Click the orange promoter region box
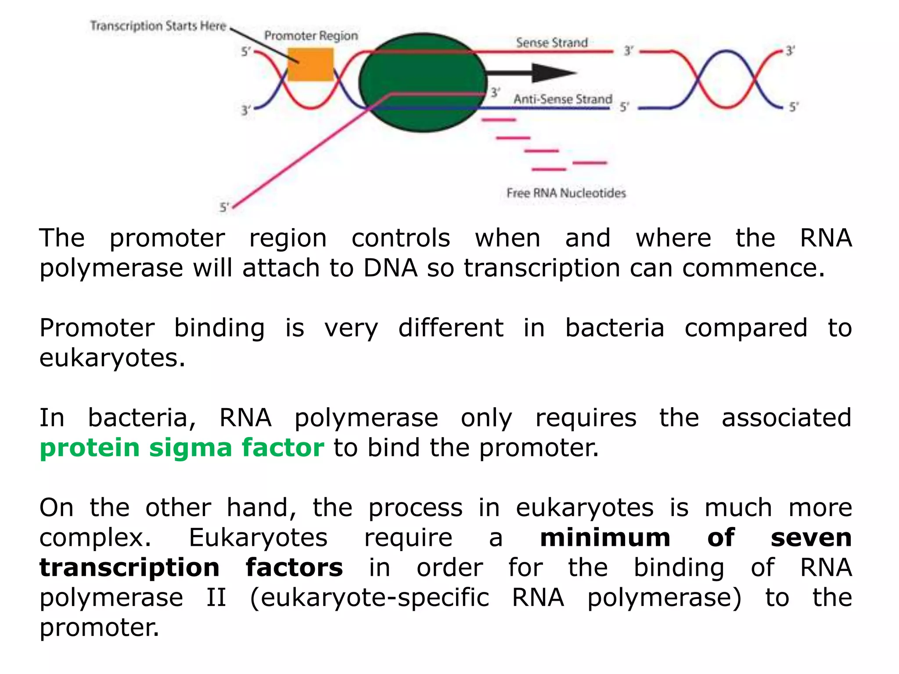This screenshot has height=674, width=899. (310, 65)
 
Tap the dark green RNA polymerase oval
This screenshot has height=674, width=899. (422, 82)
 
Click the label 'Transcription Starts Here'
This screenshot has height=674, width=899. (158, 26)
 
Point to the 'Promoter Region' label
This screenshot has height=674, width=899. (311, 36)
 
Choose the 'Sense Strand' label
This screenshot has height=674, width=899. (552, 43)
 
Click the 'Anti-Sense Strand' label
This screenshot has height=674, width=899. (563, 99)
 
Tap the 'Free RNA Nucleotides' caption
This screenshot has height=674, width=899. (566, 193)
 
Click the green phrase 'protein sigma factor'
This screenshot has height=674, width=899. (182, 448)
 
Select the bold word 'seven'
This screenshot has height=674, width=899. (811, 538)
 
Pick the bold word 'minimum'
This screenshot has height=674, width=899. (605, 538)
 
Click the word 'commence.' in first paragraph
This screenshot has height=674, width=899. (753, 268)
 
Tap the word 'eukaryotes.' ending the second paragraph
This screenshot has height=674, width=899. (112, 358)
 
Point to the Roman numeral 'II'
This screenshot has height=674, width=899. (216, 597)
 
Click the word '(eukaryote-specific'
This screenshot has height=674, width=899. (369, 597)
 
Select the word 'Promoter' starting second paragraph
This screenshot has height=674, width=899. (97, 328)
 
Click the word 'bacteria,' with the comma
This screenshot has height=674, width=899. (142, 417)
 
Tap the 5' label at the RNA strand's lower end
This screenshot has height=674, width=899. (224, 207)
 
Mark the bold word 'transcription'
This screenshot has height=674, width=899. (129, 567)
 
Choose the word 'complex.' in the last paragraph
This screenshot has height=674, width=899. (95, 538)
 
